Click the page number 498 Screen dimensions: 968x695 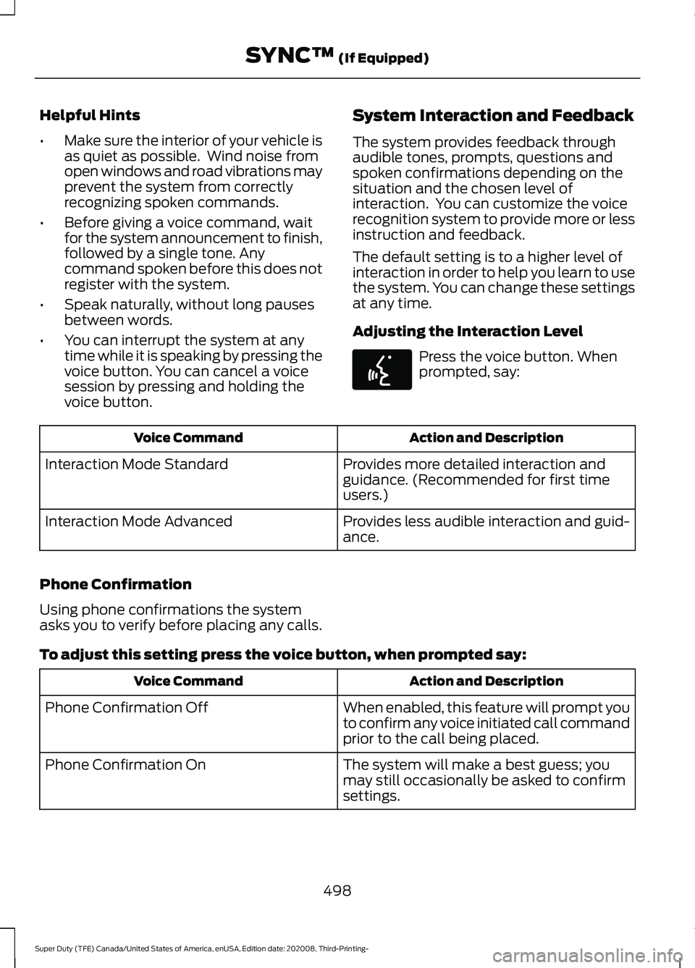click(337, 889)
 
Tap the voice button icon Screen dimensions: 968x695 click(382, 369)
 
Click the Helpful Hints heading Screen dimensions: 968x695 click(90, 115)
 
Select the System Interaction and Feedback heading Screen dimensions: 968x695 click(492, 116)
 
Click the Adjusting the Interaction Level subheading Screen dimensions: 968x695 click(467, 332)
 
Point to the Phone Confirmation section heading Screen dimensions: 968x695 click(116, 584)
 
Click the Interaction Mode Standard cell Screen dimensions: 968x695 click(136, 465)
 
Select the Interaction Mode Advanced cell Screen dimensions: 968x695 click(138, 522)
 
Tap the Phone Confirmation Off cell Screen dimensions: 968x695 click(127, 708)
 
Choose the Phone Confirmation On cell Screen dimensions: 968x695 click(125, 765)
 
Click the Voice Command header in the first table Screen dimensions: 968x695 click(188, 438)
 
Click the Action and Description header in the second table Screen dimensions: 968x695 click(486, 681)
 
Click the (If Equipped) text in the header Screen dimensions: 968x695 click(383, 58)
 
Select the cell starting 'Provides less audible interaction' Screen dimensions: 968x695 click(485, 529)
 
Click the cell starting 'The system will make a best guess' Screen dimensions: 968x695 click(484, 780)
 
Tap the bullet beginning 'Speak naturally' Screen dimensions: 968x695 click(188, 312)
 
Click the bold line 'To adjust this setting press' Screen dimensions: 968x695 click(282, 655)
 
